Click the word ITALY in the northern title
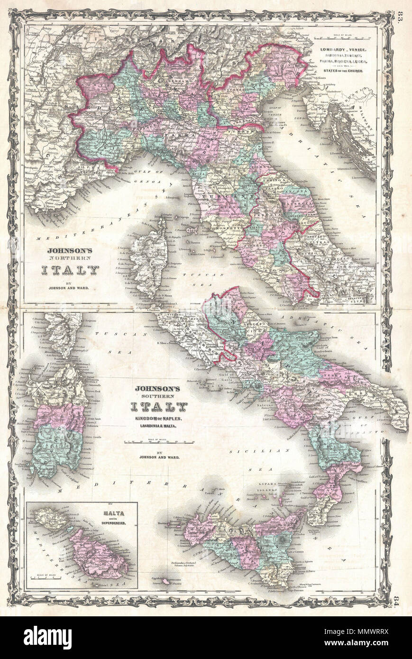point(70,270)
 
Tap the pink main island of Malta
point(97,552)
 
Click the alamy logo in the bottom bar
point(47,638)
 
